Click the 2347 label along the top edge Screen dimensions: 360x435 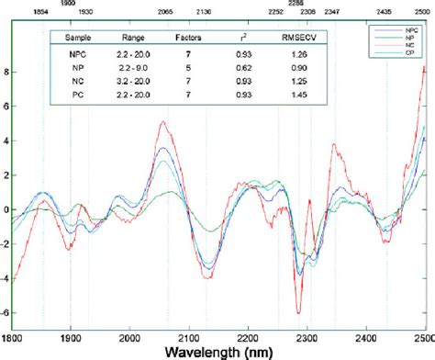(331, 13)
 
